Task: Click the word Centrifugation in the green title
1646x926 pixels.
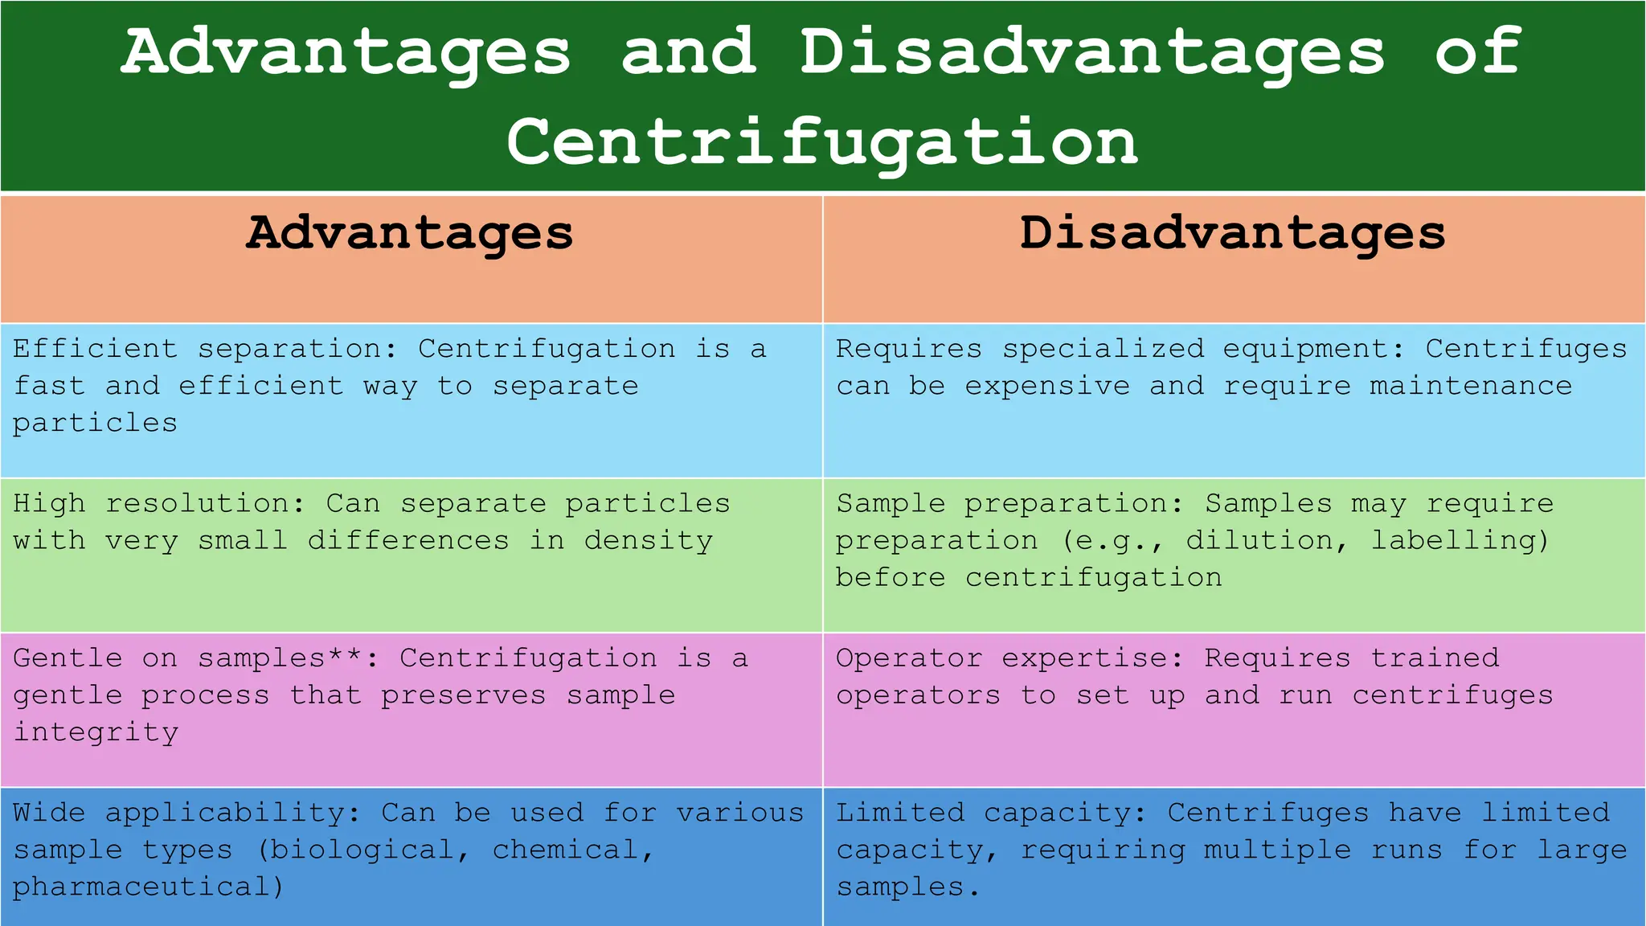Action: pos(821,142)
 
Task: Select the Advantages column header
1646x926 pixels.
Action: pos(410,233)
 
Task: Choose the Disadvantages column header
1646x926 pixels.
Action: pos(1233,233)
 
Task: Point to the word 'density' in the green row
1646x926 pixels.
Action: pos(648,541)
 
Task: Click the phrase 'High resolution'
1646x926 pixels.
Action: pos(158,504)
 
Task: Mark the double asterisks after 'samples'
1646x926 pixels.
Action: pos(345,655)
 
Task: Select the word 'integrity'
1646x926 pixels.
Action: pos(96,732)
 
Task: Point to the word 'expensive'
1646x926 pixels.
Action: pos(1046,387)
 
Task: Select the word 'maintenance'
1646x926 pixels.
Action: pos(1471,387)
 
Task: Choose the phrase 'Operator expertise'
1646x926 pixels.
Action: pos(1009,658)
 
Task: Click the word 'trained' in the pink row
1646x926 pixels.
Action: pos(1435,658)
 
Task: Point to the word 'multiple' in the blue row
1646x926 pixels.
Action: pos(1277,850)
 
